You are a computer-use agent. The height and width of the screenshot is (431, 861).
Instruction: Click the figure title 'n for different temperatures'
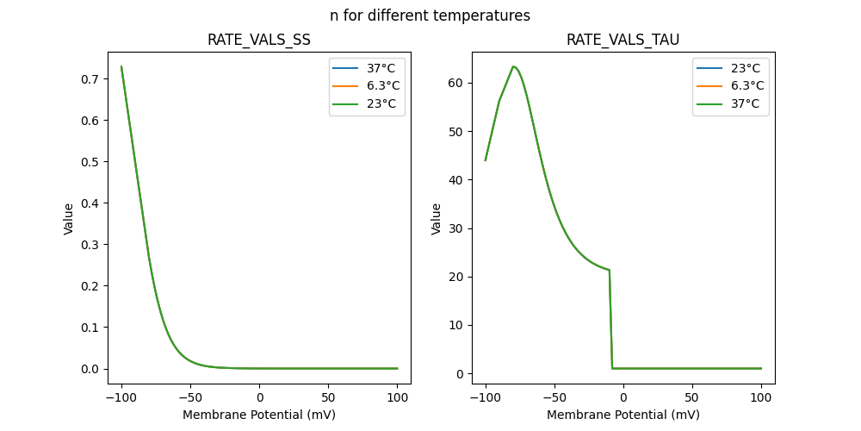430,16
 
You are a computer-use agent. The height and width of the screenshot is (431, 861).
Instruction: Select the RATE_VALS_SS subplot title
259,41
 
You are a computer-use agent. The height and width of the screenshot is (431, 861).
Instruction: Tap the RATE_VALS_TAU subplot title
623,41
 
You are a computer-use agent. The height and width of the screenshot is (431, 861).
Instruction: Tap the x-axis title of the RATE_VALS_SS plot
259,414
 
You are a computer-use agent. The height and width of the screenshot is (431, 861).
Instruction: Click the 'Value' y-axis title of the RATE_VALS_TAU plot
437,218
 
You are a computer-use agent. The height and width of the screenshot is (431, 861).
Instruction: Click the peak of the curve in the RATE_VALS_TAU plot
513,66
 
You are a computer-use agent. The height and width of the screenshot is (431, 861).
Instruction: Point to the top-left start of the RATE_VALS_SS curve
121,66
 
